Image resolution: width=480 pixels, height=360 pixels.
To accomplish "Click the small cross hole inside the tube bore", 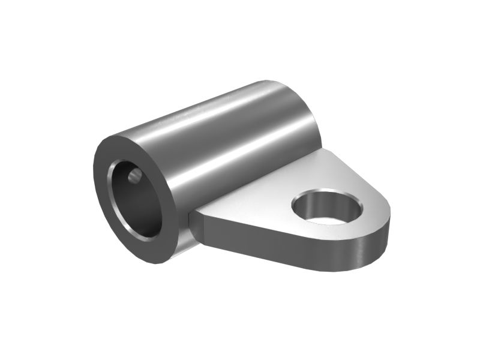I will pyautogui.click(x=135, y=176).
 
